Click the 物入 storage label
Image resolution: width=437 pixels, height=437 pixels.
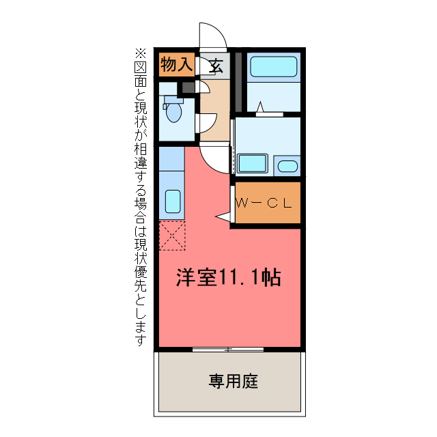(176, 66)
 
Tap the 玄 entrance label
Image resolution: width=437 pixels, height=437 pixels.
(216, 66)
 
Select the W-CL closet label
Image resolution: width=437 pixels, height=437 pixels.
(264, 203)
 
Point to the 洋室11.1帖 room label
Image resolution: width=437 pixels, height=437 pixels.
(229, 278)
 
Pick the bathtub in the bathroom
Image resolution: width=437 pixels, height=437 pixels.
(273, 67)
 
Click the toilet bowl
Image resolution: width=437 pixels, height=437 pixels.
(173, 112)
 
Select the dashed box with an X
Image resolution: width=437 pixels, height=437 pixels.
(172, 236)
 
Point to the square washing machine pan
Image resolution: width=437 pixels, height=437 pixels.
(253, 165)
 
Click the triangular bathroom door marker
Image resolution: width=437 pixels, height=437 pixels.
(260, 107)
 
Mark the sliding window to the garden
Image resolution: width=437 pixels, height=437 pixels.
(228, 350)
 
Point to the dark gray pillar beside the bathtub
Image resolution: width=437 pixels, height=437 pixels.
(237, 81)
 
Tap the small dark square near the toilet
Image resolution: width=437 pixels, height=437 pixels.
(185, 87)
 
